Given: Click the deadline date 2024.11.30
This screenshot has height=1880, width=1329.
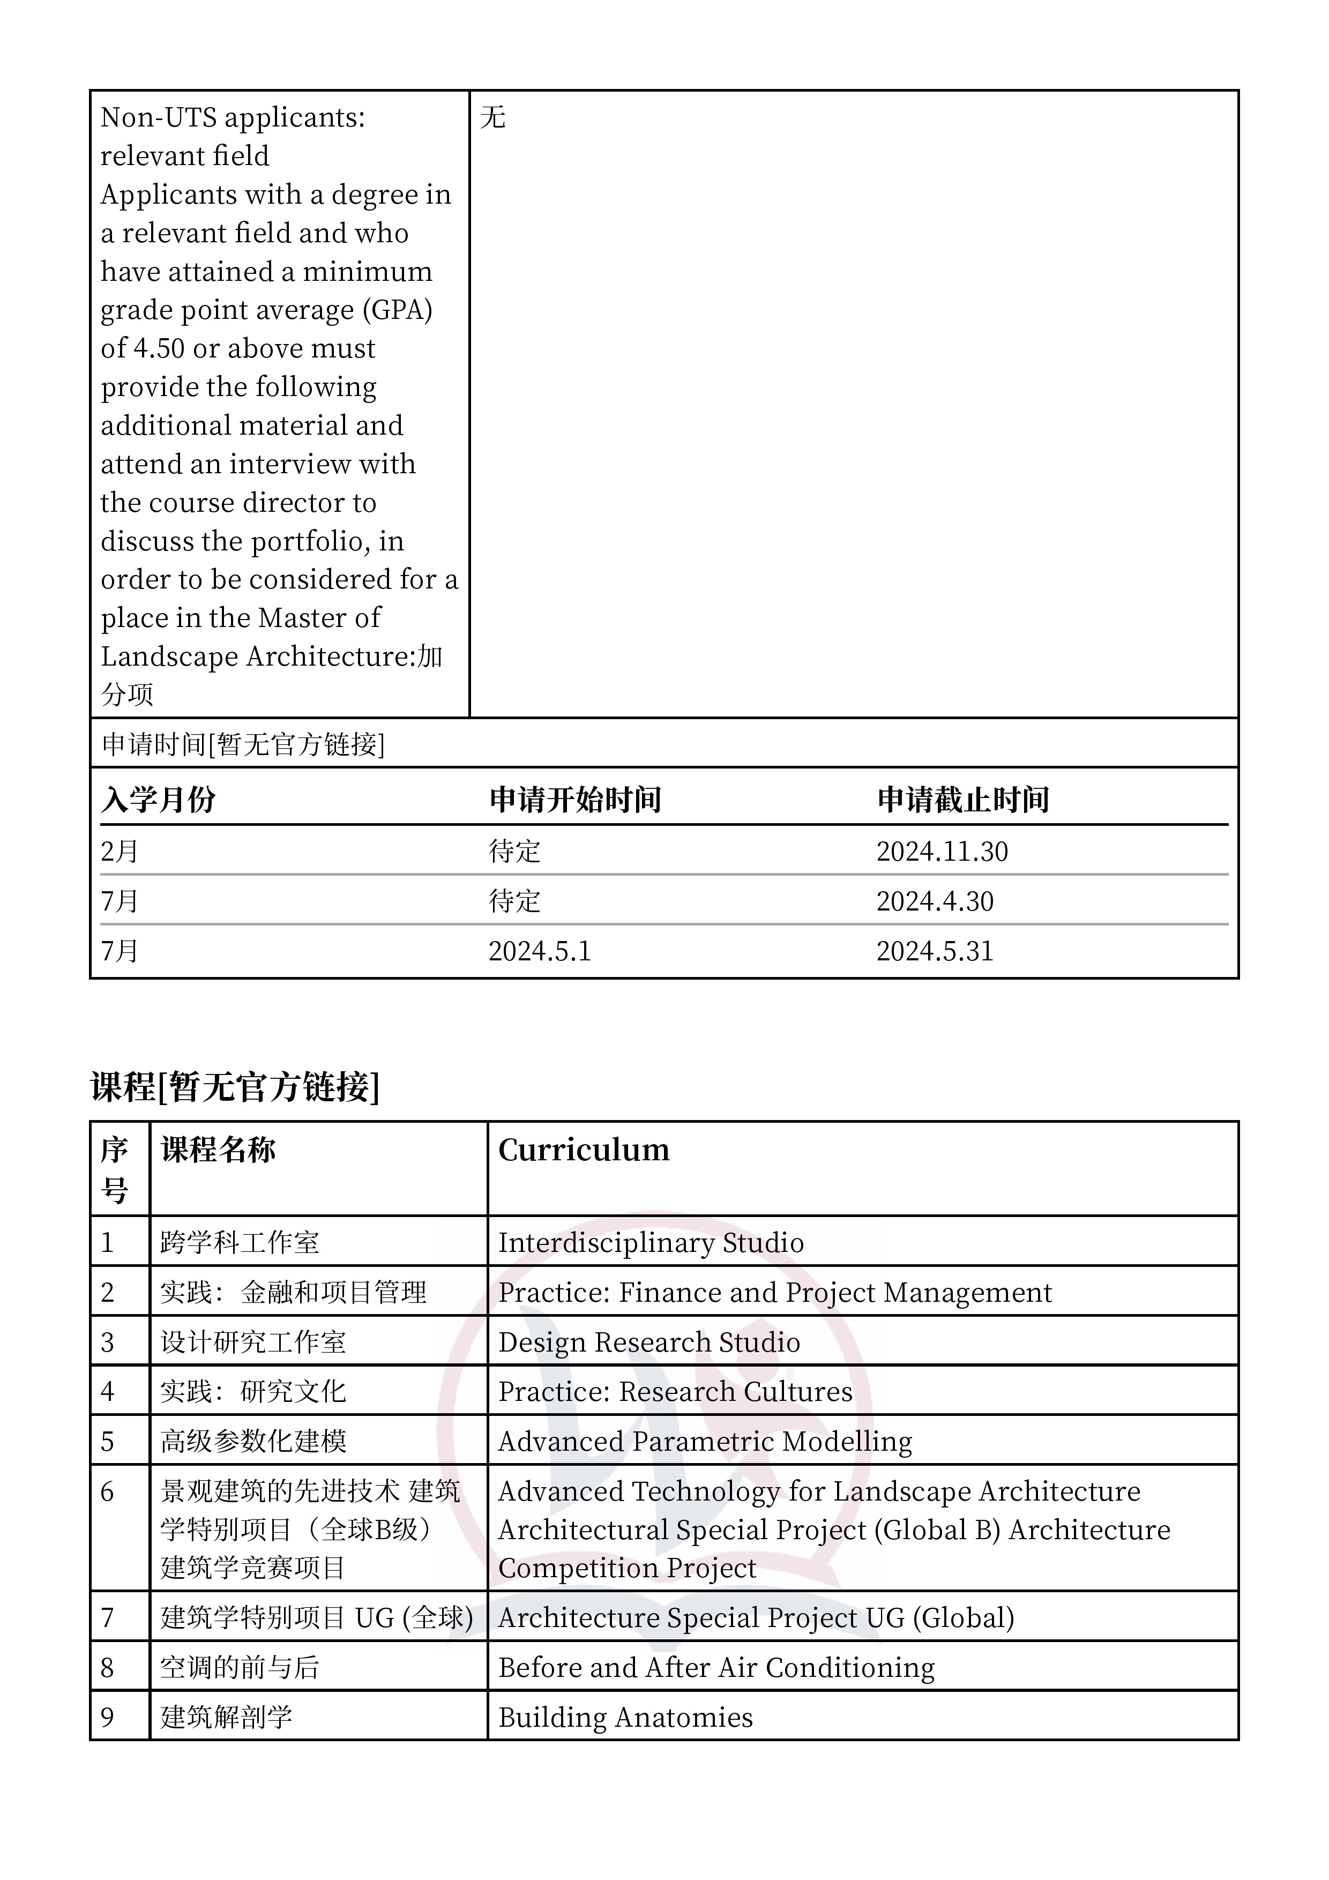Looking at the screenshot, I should click(942, 852).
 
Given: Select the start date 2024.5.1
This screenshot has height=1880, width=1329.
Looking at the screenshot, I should click(540, 951).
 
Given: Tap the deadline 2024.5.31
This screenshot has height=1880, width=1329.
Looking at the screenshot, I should click(934, 951).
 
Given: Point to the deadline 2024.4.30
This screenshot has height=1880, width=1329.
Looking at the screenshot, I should click(934, 901).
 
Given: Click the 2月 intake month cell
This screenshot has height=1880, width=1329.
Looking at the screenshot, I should click(120, 852).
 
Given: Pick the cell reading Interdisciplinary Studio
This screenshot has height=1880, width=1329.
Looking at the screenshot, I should click(651, 1243).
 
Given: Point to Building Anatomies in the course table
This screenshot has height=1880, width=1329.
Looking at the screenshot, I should click(625, 1718).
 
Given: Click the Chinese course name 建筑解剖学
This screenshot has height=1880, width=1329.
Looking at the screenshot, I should click(227, 1718).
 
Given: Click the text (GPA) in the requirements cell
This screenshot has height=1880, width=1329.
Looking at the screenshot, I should click(401, 310).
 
